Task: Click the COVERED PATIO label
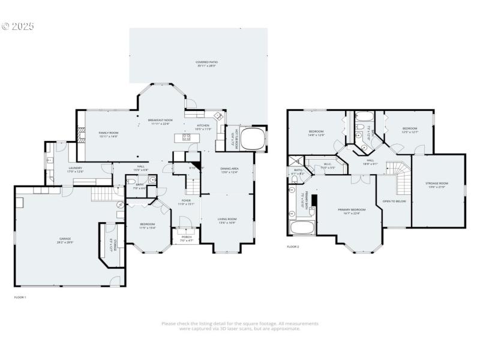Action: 207,64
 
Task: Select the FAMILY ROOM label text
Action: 109,134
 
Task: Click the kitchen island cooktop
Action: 185,137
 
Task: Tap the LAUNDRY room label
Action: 75,170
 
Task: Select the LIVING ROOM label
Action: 227,221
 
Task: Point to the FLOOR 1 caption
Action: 20,297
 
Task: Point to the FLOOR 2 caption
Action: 293,247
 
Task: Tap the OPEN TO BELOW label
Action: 394,201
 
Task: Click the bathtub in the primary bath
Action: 302,228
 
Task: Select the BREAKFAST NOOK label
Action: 161,122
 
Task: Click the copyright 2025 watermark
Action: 18,26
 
